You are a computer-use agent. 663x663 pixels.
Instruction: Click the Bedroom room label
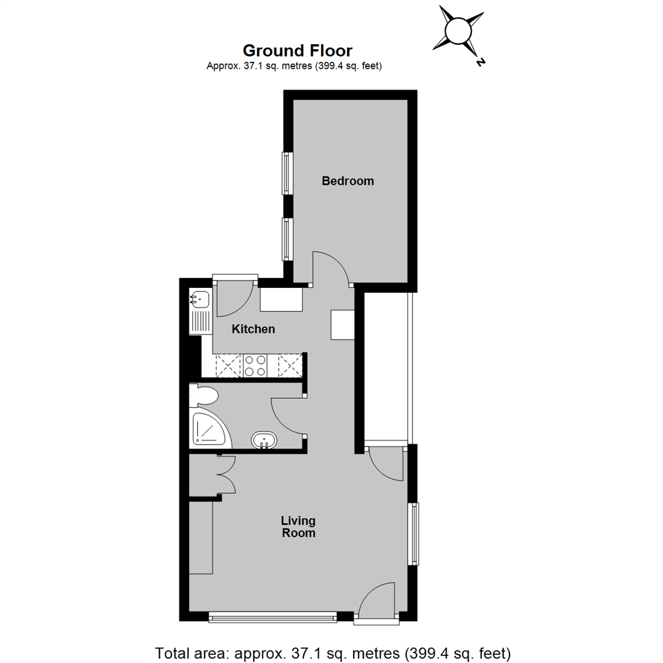point(347,181)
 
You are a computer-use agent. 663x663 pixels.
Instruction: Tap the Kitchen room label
point(254,329)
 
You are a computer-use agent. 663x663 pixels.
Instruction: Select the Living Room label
point(298,527)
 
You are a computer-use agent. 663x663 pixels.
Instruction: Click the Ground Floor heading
point(297,51)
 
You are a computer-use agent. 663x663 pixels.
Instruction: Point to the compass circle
point(458,31)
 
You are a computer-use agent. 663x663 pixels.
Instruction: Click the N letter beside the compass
point(480,62)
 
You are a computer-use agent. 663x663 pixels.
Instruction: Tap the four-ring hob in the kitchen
point(255,366)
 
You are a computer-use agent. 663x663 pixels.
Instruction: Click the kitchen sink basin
point(200,300)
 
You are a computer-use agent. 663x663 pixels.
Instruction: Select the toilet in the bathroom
point(204,395)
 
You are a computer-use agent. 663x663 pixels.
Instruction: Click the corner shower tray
point(210,428)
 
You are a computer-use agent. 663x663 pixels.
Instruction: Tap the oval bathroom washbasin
point(264,440)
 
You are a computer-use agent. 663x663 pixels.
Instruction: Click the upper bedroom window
point(287,173)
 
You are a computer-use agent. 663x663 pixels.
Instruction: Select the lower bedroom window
point(287,239)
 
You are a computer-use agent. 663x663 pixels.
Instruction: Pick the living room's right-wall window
point(413,533)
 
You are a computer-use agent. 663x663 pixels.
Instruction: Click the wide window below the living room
point(273,618)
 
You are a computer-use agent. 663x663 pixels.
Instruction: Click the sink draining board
point(200,322)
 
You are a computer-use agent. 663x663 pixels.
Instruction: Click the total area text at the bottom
point(333,653)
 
